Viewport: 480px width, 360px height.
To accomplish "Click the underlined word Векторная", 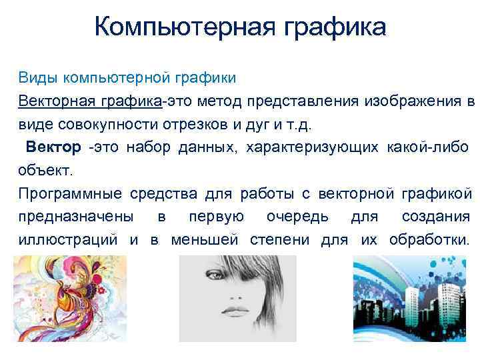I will click(x=57, y=101).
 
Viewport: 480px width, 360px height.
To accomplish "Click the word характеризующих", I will click(x=313, y=147).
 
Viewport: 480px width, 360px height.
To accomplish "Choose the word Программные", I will click(x=70, y=194).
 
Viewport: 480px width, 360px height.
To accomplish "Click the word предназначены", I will click(x=75, y=217).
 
